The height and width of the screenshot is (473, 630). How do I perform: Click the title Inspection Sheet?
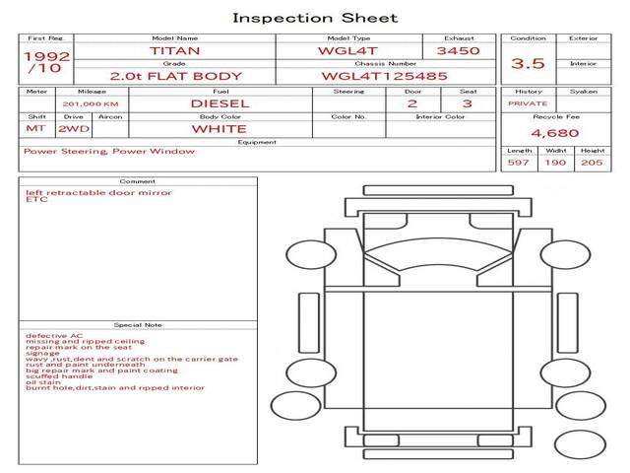pyautogui.click(x=315, y=18)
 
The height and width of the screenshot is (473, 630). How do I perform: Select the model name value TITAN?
pyautogui.click(x=175, y=51)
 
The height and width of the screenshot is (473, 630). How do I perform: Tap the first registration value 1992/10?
pyautogui.click(x=46, y=62)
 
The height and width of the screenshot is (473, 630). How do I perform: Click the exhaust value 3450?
pyautogui.click(x=459, y=50)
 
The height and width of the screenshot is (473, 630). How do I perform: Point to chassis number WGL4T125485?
pyautogui.click(x=385, y=76)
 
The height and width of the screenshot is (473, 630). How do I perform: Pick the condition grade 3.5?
pyautogui.click(x=528, y=63)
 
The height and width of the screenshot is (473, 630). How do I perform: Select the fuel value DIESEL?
pyautogui.click(x=220, y=103)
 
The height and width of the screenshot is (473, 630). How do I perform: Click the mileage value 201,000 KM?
pyautogui.click(x=91, y=104)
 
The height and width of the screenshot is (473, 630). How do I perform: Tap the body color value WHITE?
pyautogui.click(x=220, y=129)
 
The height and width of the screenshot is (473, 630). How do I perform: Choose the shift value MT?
pyautogui.click(x=35, y=129)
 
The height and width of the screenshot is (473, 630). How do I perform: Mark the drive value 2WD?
pyautogui.click(x=74, y=129)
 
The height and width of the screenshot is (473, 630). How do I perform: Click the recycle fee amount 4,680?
pyautogui.click(x=555, y=133)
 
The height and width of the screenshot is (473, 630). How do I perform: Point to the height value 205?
pyautogui.click(x=592, y=163)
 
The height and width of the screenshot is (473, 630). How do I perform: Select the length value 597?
pyautogui.click(x=519, y=163)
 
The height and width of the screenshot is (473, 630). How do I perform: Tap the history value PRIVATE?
pyautogui.click(x=528, y=103)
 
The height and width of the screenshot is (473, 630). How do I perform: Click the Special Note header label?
pyautogui.click(x=138, y=325)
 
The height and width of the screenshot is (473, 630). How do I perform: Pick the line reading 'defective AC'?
pyautogui.click(x=54, y=336)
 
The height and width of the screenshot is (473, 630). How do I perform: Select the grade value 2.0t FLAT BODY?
pyautogui.click(x=176, y=76)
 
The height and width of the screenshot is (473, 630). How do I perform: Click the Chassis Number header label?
pyautogui.click(x=386, y=63)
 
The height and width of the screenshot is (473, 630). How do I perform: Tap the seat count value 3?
pyautogui.click(x=468, y=103)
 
